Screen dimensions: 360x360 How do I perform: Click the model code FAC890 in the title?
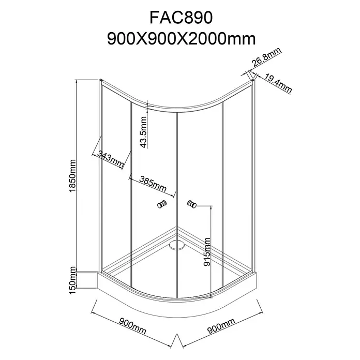point(181,18)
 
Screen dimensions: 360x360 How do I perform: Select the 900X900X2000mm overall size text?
point(182,39)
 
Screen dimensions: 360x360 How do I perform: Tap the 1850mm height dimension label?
point(72,176)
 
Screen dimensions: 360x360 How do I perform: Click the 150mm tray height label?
point(72,280)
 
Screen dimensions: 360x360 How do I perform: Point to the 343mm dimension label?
point(111,159)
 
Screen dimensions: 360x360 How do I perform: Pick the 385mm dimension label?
point(153,184)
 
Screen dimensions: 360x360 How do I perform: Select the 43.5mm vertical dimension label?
point(143,132)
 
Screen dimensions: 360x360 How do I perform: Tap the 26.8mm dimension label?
point(266,57)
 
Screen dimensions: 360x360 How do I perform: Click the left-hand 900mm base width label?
point(132,326)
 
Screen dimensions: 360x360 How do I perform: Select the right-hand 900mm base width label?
point(221,326)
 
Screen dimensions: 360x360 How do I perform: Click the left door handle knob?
point(162,204)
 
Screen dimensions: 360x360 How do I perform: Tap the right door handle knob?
point(192,204)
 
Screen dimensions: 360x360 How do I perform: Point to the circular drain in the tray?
point(176,245)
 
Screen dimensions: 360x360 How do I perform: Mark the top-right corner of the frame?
point(253,80)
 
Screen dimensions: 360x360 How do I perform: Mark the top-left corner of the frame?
point(100,80)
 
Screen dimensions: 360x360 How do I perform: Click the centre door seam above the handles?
point(177,158)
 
